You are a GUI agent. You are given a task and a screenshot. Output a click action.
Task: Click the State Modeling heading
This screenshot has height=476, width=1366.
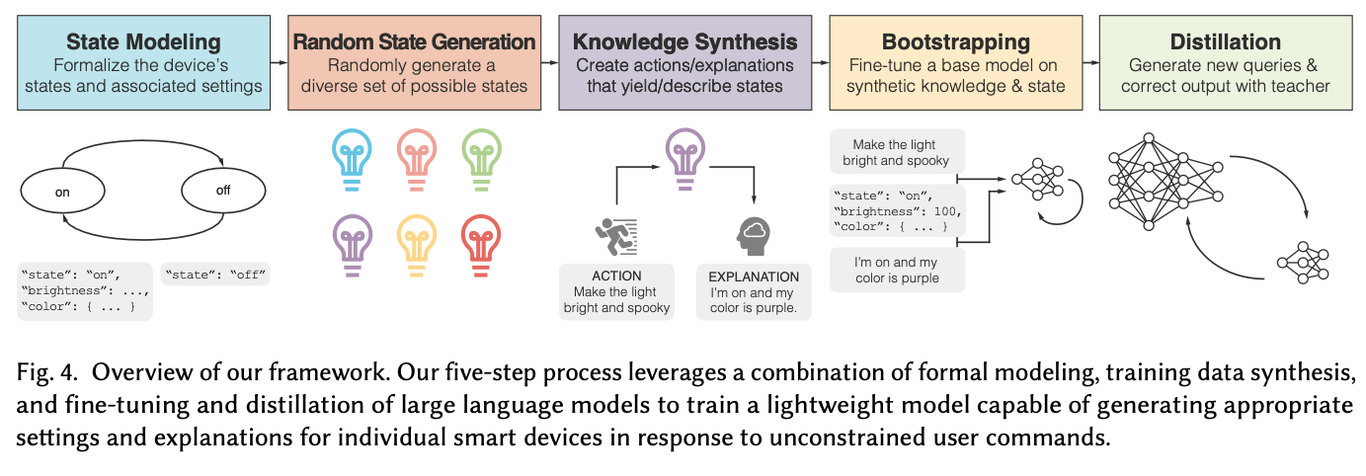pos(144,41)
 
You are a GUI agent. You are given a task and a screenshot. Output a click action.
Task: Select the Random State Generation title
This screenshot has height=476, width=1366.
pos(415,41)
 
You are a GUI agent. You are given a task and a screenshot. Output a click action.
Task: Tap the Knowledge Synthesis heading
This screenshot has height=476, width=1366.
pos(684,41)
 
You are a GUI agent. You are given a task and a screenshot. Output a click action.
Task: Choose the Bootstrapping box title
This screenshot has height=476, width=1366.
pos(954,41)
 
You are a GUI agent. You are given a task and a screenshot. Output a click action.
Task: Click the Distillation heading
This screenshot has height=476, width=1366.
pos(1226,41)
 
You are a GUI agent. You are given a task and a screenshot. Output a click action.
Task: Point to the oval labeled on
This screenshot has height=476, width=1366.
pos(62,193)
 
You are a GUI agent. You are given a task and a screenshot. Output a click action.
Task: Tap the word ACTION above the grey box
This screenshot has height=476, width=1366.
pos(616,277)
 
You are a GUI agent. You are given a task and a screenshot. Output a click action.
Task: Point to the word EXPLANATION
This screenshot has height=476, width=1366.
pos(754,277)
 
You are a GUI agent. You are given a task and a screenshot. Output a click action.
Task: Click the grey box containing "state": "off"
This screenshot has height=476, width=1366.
pos(214,275)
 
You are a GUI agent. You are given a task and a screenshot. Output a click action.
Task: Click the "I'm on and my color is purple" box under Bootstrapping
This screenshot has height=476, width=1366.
pos(897,270)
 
